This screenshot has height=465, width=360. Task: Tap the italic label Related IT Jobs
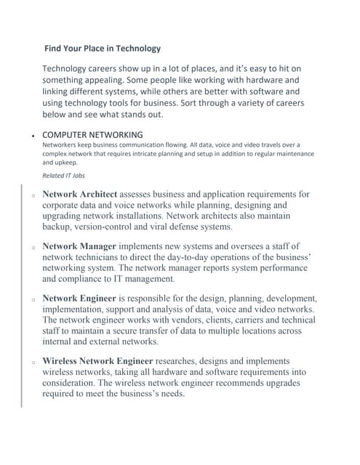pos(62,176)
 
